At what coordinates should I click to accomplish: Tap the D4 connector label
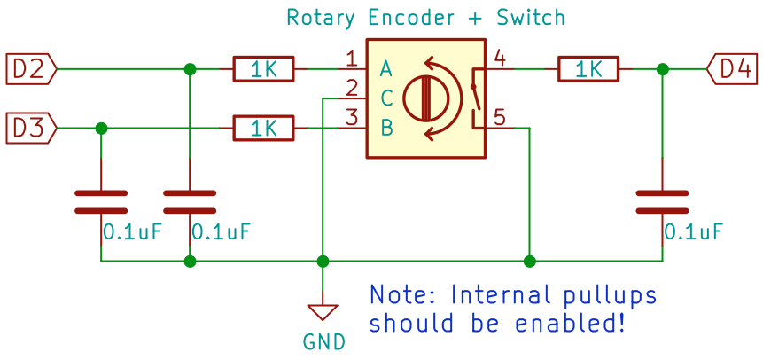click(733, 68)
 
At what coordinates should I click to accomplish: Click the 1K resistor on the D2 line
click(264, 68)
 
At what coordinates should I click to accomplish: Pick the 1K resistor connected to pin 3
click(263, 129)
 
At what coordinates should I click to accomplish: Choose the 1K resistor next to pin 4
click(588, 68)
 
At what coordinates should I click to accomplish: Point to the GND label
click(323, 341)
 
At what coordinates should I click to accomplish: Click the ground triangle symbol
click(323, 311)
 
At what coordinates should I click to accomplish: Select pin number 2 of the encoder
click(352, 89)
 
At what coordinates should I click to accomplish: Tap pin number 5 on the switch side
click(500, 116)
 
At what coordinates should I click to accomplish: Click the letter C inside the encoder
click(386, 98)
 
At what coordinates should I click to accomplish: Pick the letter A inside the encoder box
click(386, 68)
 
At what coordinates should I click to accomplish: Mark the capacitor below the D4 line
click(662, 201)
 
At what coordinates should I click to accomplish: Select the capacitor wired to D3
click(101, 201)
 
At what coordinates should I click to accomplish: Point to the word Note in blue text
click(403, 295)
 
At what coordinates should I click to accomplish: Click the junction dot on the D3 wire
click(101, 129)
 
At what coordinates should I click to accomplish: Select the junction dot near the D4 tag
click(662, 68)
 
